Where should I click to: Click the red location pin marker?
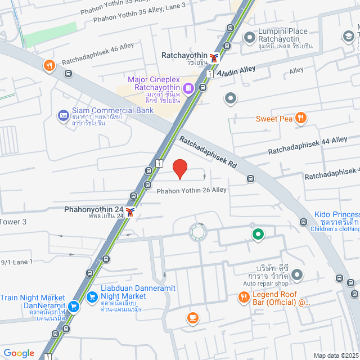point(179,169)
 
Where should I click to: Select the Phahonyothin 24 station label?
point(93,210)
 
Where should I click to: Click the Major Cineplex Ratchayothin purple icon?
point(188,87)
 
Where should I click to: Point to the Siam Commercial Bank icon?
point(64,116)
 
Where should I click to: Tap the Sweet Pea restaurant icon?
point(301,118)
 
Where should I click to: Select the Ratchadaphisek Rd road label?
point(206,152)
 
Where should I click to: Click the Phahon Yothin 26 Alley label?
point(192,190)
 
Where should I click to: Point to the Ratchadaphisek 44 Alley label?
point(307,146)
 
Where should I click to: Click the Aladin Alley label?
point(236,70)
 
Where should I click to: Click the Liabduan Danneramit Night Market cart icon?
point(91,296)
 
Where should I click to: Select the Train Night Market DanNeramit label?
point(33,298)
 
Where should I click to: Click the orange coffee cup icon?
point(192,318)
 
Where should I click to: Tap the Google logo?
point(19,353)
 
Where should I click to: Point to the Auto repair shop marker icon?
point(297,275)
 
